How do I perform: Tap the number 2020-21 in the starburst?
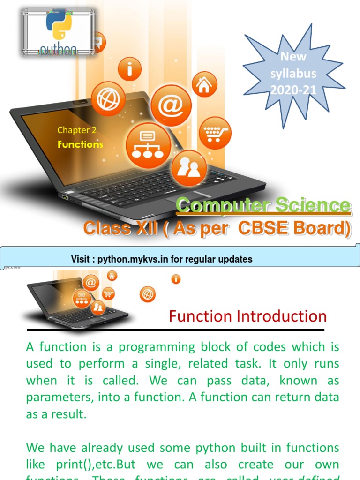(x=293, y=90)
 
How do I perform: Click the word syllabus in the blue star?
(x=293, y=74)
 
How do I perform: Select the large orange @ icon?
(x=171, y=105)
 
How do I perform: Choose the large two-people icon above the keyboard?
(x=189, y=168)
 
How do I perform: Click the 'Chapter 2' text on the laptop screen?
(x=73, y=130)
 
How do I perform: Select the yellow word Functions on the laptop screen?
(x=80, y=144)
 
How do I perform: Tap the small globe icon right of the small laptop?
(x=148, y=294)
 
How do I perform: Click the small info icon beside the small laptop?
(x=176, y=280)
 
